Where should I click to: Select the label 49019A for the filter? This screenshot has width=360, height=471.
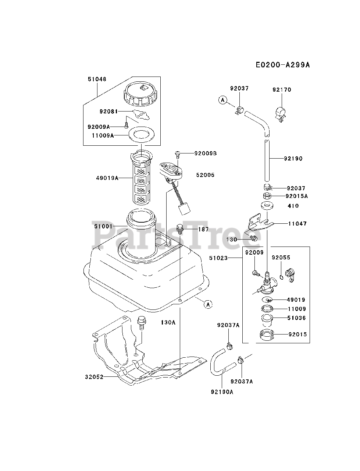[107, 178]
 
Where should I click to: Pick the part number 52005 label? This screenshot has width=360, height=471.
[205, 175]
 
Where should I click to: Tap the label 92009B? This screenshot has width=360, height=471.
[206, 153]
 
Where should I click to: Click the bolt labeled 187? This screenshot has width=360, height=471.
[180, 229]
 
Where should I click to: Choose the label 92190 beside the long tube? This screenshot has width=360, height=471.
[293, 159]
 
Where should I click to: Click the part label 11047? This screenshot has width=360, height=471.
[297, 223]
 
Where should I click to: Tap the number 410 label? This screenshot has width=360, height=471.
[293, 206]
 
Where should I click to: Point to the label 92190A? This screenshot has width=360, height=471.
[222, 392]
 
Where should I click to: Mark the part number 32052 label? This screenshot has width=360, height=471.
[94, 377]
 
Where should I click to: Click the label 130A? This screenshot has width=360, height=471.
[168, 322]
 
